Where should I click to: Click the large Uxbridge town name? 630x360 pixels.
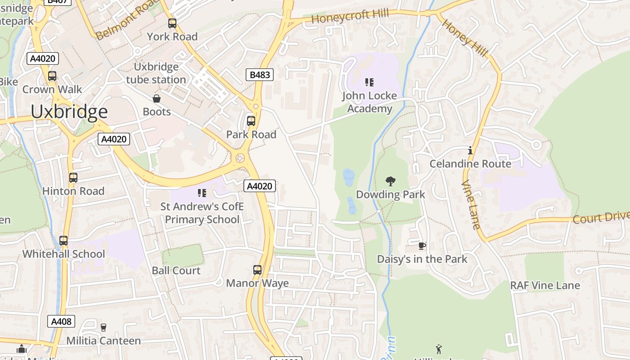point(69,112)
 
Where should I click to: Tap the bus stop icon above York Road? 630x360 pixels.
point(172,23)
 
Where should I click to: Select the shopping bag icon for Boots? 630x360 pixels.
point(157,99)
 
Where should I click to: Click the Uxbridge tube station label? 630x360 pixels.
point(156,73)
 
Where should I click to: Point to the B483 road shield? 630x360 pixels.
point(260,75)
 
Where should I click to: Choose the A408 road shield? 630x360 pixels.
point(61,321)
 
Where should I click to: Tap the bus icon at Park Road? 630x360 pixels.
point(251,121)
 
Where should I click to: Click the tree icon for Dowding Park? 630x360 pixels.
point(390,181)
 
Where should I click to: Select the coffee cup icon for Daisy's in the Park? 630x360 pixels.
point(422,246)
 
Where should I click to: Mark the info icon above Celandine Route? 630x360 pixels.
point(470,150)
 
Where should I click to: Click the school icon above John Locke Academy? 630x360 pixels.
point(369,82)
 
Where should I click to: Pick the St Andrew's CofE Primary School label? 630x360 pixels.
point(202,213)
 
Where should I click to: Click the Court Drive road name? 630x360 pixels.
point(601,217)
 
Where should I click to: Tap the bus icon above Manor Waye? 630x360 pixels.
point(257,270)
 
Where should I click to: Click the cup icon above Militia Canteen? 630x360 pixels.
point(103,327)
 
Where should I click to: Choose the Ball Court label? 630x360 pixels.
point(176,270)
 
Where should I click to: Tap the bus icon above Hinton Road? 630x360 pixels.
point(73,178)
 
